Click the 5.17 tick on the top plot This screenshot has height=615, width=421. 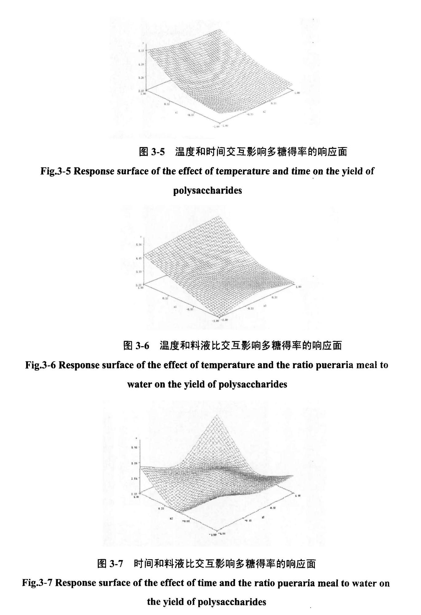tap(142, 51)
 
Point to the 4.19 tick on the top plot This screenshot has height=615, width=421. tap(142, 64)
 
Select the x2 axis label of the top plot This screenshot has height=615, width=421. tap(264, 112)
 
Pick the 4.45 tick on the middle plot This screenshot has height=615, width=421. tap(139, 258)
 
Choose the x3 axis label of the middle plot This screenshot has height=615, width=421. tap(265, 306)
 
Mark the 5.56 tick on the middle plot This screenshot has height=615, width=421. tap(139, 245)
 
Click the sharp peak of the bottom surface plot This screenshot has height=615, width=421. tap(217, 415)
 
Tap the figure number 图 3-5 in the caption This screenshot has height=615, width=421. tap(152, 152)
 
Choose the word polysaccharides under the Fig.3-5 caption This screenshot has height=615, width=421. tap(207, 191)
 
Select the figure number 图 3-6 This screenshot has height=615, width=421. tap(136, 346)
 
